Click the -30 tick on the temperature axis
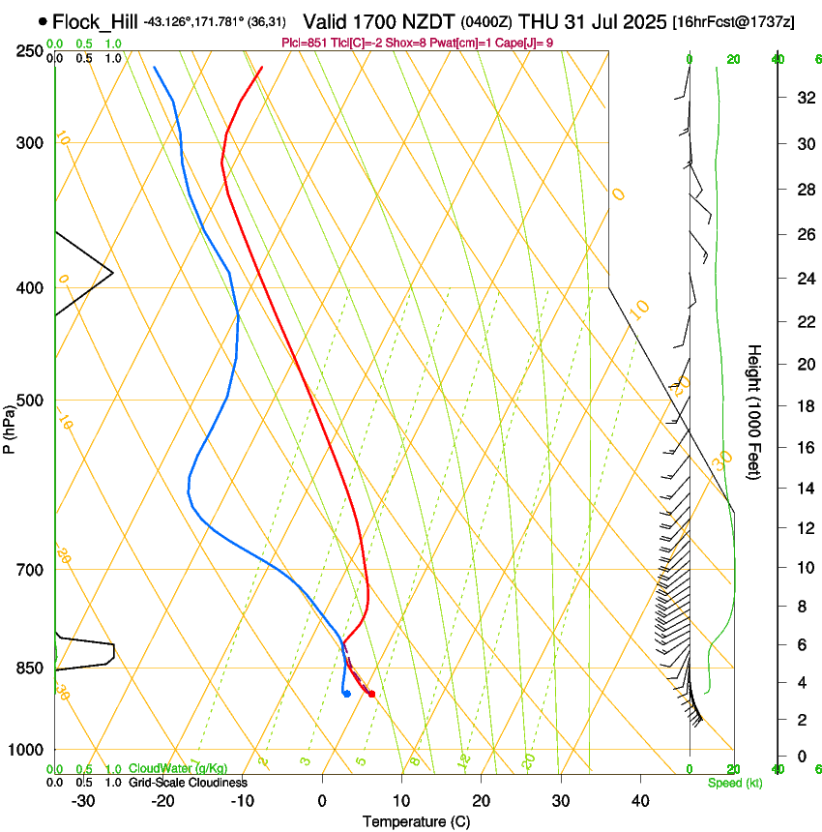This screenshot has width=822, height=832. pos(83,800)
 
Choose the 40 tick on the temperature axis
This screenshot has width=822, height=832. pos(639,800)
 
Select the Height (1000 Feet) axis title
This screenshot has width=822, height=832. pos(755,411)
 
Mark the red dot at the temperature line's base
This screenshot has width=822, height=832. pos(371,694)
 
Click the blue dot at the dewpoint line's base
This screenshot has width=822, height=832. pos(346,693)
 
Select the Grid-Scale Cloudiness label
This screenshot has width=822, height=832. pos(188,783)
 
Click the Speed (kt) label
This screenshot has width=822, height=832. pos(734,783)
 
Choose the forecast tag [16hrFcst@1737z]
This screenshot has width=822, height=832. pos(733,21)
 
